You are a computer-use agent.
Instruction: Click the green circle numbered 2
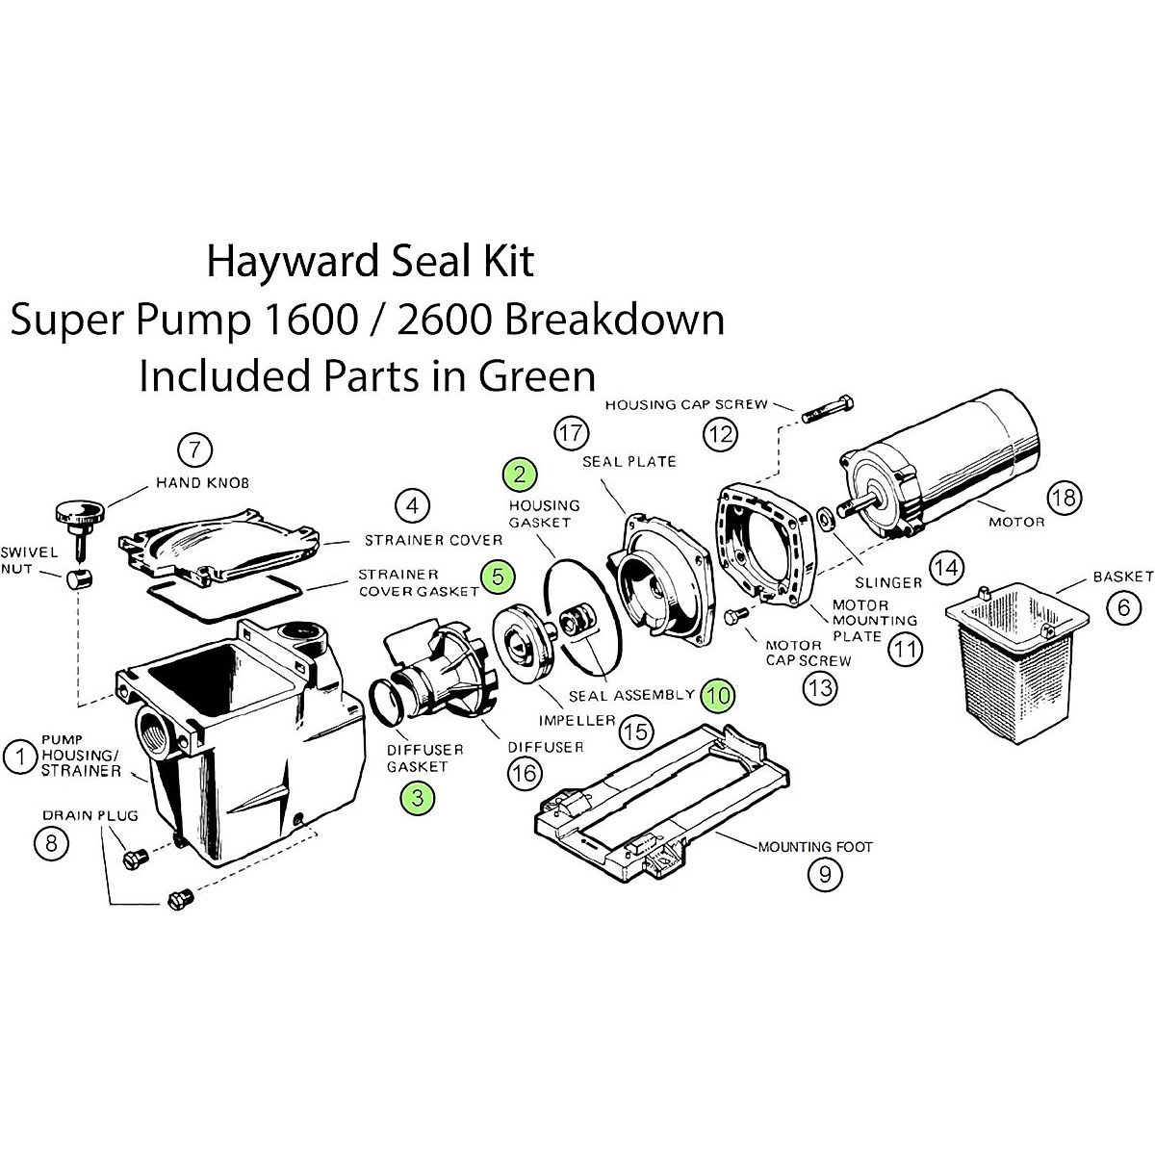click(x=521, y=473)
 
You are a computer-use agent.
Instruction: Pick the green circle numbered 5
click(x=497, y=576)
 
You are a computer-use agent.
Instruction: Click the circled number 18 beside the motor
click(x=1065, y=498)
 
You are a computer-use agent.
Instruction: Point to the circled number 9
click(x=825, y=874)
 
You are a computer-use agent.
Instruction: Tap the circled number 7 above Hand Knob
click(x=194, y=449)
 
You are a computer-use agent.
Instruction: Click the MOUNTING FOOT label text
click(x=814, y=847)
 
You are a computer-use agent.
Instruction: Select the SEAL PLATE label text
click(x=629, y=461)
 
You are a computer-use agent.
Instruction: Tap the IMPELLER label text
click(x=577, y=720)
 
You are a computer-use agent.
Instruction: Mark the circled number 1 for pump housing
click(x=18, y=757)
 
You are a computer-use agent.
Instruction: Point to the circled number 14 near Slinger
click(x=946, y=568)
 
